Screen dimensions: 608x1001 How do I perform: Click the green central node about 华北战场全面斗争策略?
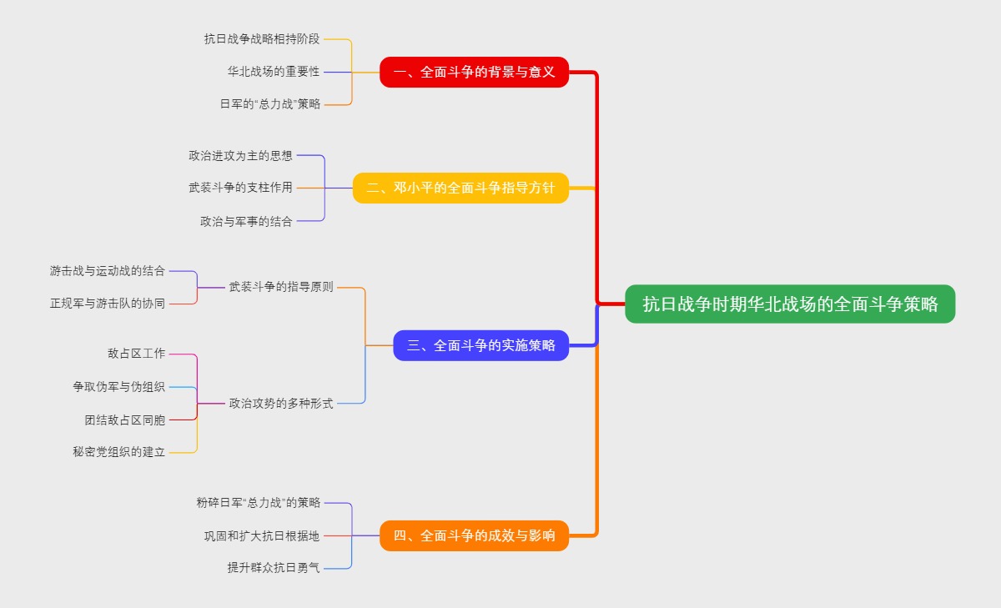tap(789, 304)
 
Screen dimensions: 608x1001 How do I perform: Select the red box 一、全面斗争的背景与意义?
tap(474, 72)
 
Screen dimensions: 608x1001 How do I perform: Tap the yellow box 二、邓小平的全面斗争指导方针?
tap(460, 188)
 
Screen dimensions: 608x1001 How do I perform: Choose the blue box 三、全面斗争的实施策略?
tap(481, 345)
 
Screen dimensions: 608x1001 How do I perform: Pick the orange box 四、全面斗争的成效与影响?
tap(474, 535)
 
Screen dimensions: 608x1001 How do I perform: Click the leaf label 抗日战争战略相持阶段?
tap(262, 38)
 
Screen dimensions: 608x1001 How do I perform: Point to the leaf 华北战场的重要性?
tap(274, 72)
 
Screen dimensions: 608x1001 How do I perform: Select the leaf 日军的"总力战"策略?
tap(269, 104)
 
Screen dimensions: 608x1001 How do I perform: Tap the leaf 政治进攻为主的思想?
tap(240, 155)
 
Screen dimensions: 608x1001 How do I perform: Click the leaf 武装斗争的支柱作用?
tap(240, 188)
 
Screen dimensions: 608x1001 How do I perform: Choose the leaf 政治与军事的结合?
tap(246, 221)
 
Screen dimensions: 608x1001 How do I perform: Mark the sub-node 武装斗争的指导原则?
tap(281, 287)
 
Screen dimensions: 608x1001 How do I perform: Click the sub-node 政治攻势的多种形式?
tap(281, 404)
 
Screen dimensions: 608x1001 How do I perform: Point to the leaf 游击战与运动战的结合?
tap(108, 271)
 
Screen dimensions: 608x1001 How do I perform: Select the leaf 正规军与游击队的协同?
tap(108, 304)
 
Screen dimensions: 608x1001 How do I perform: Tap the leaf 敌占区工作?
tap(136, 354)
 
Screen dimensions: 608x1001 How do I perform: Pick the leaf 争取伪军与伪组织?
tap(118, 387)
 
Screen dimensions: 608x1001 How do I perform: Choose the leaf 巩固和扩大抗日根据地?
tap(262, 535)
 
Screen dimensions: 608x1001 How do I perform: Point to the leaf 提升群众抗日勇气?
tap(274, 568)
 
